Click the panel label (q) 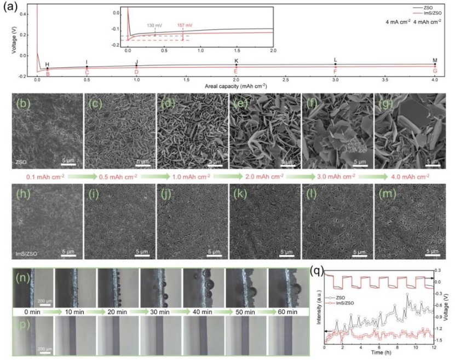pyautogui.click(x=317, y=270)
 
